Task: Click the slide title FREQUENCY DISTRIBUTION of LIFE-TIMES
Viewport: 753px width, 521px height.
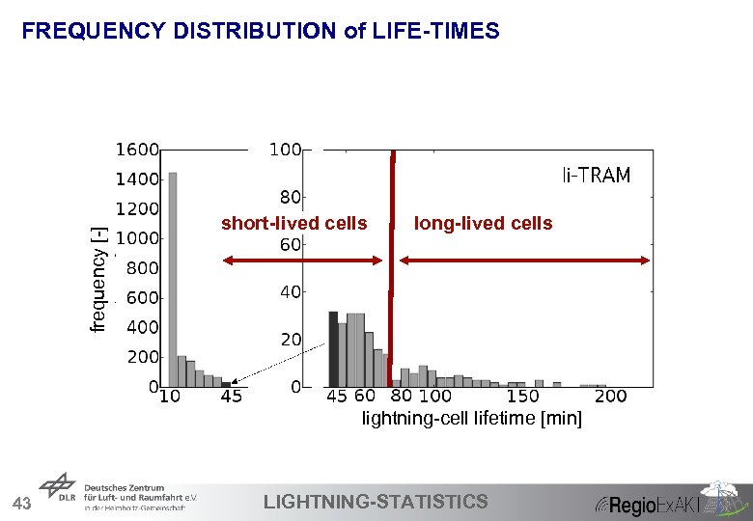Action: click(x=261, y=32)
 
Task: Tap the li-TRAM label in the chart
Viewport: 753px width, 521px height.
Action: click(x=597, y=176)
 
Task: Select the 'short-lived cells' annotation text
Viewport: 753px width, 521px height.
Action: click(x=293, y=224)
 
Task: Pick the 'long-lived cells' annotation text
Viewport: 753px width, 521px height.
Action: click(x=483, y=224)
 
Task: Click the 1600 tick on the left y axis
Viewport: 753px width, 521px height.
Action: click(x=137, y=151)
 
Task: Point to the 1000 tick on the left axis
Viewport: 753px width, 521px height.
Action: click(x=137, y=238)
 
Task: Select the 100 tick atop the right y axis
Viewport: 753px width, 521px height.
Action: click(x=285, y=151)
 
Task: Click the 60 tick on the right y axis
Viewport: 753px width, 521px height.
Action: click(x=291, y=245)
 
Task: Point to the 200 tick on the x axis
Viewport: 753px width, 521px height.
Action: click(x=610, y=397)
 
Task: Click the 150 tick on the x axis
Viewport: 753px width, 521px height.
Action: click(x=523, y=397)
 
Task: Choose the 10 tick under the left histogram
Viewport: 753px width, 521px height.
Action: click(x=170, y=397)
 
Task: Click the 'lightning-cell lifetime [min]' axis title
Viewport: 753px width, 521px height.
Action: click(x=471, y=419)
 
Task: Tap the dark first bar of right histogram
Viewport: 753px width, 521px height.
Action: click(x=333, y=349)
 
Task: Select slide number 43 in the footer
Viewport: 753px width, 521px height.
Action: click(x=22, y=503)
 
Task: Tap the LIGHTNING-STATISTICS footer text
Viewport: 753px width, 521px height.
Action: click(x=376, y=501)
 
